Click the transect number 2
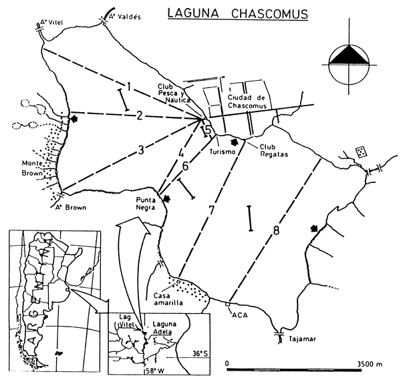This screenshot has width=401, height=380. [138, 116]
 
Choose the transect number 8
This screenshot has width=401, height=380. [276, 232]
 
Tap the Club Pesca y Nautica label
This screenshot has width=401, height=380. [172, 96]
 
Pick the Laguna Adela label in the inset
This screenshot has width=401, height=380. [164, 328]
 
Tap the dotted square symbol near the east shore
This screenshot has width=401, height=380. [361, 151]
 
